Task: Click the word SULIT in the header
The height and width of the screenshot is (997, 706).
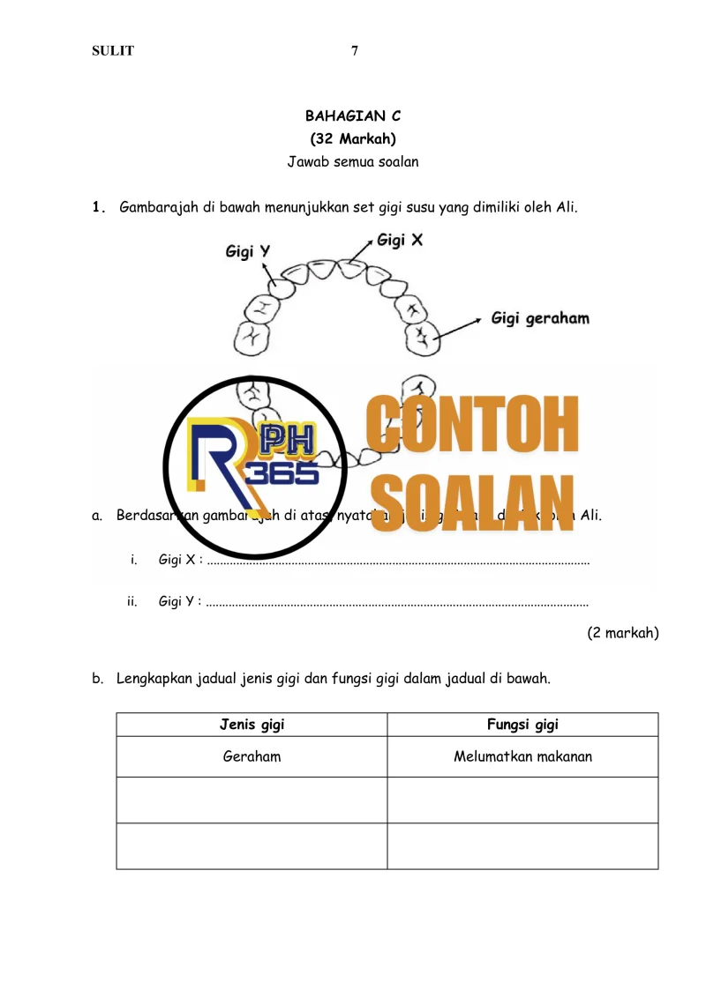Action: (113, 51)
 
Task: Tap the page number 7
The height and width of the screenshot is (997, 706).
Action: (355, 51)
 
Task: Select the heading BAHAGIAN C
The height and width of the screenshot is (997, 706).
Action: (353, 115)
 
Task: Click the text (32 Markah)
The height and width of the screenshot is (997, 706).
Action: (353, 138)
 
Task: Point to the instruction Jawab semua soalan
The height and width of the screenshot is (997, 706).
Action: (353, 161)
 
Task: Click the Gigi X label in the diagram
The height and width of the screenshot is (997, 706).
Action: (400, 240)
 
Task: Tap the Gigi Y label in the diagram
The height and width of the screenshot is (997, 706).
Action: (248, 252)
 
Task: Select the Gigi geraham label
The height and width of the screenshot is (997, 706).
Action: (540, 318)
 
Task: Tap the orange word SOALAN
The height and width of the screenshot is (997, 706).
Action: (472, 503)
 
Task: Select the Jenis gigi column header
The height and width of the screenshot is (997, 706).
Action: (252, 725)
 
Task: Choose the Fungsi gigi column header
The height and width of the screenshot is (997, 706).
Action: (522, 725)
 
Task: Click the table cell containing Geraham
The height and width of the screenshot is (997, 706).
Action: (252, 756)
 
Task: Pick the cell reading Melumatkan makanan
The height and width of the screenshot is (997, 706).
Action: (522, 756)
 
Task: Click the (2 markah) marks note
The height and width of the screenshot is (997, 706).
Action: (623, 632)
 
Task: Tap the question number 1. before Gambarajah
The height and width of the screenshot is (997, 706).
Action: (99, 209)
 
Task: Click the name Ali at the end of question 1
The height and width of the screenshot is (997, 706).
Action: (566, 208)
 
